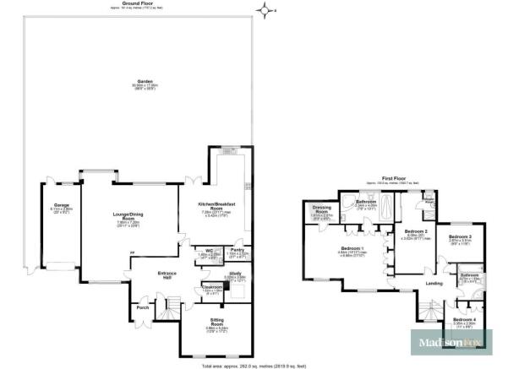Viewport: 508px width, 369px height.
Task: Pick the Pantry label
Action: click(237, 250)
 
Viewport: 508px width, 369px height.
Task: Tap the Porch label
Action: click(142, 307)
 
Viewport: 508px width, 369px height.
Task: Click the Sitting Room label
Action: click(211, 322)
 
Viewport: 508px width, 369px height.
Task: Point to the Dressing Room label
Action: click(321, 208)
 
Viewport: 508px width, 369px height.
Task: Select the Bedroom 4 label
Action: click(464, 319)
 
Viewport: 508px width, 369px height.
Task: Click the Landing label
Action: click(434, 283)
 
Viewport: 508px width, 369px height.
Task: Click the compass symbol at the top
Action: click(268, 10)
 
